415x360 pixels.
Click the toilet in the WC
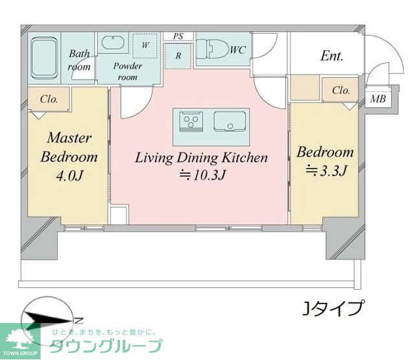tap(213, 49)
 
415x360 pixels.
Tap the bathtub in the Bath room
tap(44, 58)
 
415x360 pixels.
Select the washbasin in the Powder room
tap(113, 43)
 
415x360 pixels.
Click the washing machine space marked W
tap(145, 45)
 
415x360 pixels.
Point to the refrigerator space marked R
tap(178, 56)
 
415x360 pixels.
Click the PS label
tap(178, 36)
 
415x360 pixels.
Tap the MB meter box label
tap(378, 99)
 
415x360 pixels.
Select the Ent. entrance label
tap(332, 56)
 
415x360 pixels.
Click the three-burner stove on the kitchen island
tap(191, 121)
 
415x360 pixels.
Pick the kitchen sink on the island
tap(230, 121)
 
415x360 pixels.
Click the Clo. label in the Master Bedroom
tap(49, 99)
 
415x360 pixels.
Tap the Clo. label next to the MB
tap(341, 91)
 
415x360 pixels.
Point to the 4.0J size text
tap(70, 176)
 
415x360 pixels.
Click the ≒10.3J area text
tap(202, 175)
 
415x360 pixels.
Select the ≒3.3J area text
tap(326, 170)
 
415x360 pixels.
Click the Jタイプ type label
tap(333, 308)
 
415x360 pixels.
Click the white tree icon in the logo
tap(19, 337)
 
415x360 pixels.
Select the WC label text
tap(238, 50)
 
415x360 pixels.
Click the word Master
tap(69, 138)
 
